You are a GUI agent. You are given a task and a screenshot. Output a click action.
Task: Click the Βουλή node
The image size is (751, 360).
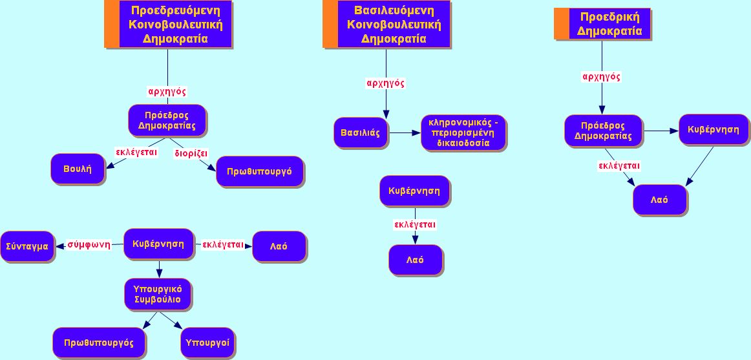coord(78,169)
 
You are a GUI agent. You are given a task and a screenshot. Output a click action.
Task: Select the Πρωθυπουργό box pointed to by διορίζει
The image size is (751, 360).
coord(260,171)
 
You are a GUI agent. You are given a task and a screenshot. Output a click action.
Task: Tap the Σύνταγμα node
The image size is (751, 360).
coord(27,246)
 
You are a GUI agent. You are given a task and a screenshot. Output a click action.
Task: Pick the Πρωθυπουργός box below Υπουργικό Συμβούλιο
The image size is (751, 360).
coord(99,343)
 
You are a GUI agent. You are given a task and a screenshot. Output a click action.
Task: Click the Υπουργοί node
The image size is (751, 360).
coord(207,343)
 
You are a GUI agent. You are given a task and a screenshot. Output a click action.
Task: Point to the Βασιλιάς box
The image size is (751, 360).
coord(360,132)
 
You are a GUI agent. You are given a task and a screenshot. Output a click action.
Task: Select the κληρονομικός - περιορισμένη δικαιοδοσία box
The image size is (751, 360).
coord(463,132)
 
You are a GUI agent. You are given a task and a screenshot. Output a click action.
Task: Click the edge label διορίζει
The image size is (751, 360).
coord(191,154)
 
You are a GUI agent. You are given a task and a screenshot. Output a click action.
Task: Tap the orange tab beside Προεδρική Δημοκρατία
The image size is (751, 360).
coord(562,24)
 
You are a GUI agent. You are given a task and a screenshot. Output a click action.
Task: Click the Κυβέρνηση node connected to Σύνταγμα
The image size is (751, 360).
coord(158,244)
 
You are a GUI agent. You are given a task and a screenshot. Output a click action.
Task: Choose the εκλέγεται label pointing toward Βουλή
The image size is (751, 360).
coord(136,153)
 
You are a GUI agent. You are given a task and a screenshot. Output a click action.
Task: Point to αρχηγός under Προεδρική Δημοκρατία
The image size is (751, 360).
coord(602,77)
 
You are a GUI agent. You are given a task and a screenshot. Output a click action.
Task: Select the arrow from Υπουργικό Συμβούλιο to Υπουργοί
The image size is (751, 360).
coord(171,320)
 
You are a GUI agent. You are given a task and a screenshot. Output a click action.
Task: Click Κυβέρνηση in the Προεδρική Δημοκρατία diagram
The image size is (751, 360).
coord(713,130)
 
